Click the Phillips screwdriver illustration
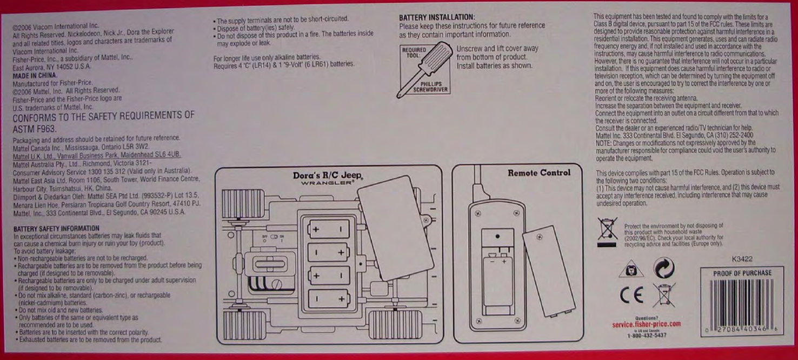click(425, 69)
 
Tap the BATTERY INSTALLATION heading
click(437, 17)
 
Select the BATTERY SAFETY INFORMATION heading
click(56, 229)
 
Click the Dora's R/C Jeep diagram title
click(328, 176)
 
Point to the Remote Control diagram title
click(538, 173)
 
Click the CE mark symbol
click(631, 295)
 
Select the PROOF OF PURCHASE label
click(742, 273)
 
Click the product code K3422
click(742, 259)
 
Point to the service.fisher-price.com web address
click(646, 324)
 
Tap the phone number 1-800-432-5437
click(647, 335)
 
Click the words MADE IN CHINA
click(35, 76)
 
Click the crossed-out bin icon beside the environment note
click(607, 229)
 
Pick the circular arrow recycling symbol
click(663, 268)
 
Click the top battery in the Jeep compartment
click(328, 229)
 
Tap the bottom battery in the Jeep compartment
click(328, 298)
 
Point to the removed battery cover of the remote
click(548, 271)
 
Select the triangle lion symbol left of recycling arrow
click(630, 269)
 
